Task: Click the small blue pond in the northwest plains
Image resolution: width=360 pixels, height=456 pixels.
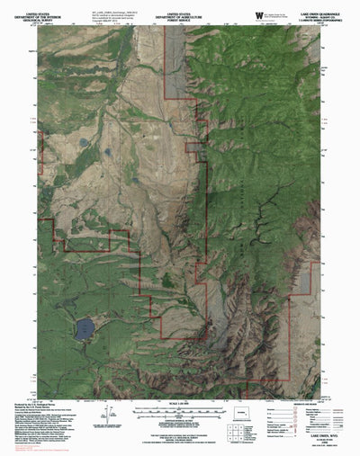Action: pos(83,142)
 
